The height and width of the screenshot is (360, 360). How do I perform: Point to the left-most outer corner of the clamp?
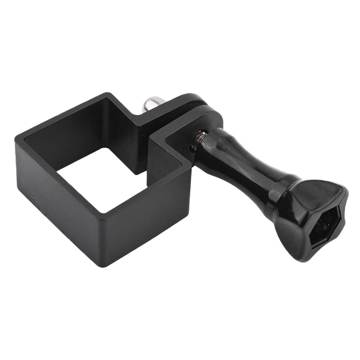pos(16,141)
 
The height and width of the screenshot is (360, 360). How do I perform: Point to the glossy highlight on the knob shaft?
pos(225,148)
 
